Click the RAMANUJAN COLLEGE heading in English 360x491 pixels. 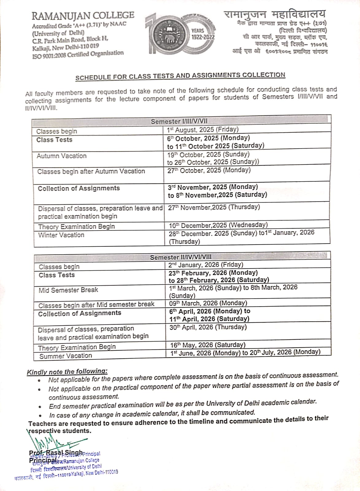point(83,15)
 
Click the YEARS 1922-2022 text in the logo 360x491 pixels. point(203,34)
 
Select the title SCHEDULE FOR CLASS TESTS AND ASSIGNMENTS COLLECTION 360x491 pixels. point(180,76)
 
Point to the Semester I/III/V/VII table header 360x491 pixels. point(181,122)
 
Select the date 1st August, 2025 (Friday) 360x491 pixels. point(203,130)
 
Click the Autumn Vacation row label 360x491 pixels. point(62,156)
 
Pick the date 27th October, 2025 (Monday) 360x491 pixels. point(209,170)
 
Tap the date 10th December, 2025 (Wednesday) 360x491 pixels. point(218,225)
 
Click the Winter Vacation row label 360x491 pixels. point(61,235)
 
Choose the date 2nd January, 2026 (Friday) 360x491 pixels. point(206,265)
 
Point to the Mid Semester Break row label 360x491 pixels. point(68,290)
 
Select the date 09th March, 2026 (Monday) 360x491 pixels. point(208,303)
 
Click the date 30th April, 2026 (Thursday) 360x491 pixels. point(208,327)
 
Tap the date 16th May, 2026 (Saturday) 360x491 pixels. point(208,345)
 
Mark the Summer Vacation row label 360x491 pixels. point(66,356)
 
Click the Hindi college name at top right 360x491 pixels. point(274,14)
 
